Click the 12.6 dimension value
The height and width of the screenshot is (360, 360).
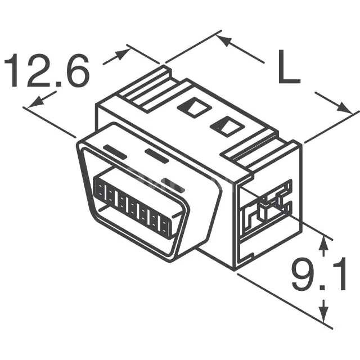[47, 71]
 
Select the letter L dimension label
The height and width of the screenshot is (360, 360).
[288, 67]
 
